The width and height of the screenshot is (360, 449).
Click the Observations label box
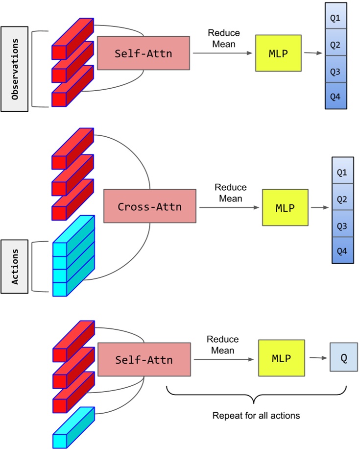pyautogui.click(x=15, y=69)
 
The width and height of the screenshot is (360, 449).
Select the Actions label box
pyautogui.click(x=15, y=267)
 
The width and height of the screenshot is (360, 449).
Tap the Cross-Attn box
pyautogui.click(x=149, y=207)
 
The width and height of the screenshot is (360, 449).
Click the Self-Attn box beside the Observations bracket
pyautogui.click(x=143, y=53)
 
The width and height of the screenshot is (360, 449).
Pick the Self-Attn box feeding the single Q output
pyautogui.click(x=144, y=360)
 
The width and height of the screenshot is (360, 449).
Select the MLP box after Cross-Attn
pyautogui.click(x=286, y=208)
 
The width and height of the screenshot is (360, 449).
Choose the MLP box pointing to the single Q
pyautogui.click(x=281, y=358)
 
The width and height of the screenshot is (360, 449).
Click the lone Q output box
pyautogui.click(x=344, y=358)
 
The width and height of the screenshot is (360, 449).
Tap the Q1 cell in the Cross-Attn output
pyautogui.click(x=342, y=172)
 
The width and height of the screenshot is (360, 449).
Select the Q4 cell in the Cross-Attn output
pyautogui.click(x=342, y=250)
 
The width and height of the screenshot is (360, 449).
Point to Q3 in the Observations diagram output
pyautogui.click(x=336, y=72)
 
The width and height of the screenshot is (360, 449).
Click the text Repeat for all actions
pyautogui.click(x=256, y=416)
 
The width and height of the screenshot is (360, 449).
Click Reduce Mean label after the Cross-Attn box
pyautogui.click(x=231, y=193)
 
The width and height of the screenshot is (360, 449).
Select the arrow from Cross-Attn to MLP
pyautogui.click(x=229, y=208)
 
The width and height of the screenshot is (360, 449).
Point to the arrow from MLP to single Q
pyautogui.click(x=317, y=358)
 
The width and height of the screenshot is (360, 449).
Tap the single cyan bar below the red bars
pyautogui.click(x=73, y=427)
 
